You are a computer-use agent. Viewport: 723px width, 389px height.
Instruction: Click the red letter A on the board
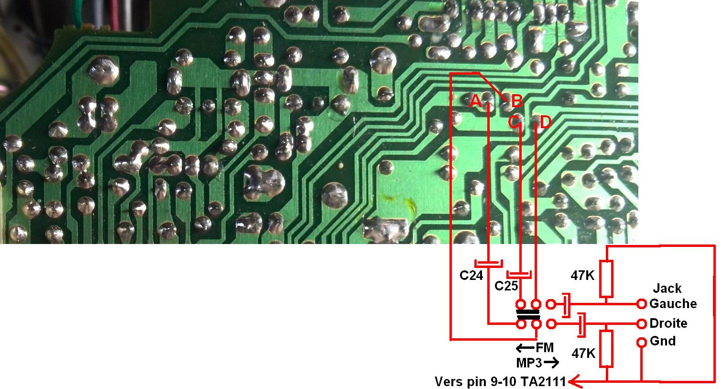click(475, 101)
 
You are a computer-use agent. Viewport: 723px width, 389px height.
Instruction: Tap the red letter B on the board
click(516, 101)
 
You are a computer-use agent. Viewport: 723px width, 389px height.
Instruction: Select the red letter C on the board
click(514, 122)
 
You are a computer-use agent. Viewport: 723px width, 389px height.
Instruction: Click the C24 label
click(471, 276)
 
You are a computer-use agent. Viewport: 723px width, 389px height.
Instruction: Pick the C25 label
click(506, 286)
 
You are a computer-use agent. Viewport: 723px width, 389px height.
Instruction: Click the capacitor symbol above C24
click(488, 263)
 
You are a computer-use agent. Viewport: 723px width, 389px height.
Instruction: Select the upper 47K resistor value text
click(582, 275)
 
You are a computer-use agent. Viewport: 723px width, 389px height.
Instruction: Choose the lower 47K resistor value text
click(583, 354)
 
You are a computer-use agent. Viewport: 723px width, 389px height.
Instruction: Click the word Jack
click(667, 289)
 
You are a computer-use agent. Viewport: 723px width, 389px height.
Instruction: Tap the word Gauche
click(673, 304)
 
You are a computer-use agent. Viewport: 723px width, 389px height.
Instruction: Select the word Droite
click(668, 323)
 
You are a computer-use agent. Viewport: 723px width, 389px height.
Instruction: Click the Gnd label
click(663, 341)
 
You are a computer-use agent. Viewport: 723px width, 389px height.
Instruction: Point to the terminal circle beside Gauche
click(642, 304)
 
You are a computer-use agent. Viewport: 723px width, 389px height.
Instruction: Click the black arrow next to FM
click(525, 348)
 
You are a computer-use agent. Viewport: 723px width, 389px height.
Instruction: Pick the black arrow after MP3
click(551, 363)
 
